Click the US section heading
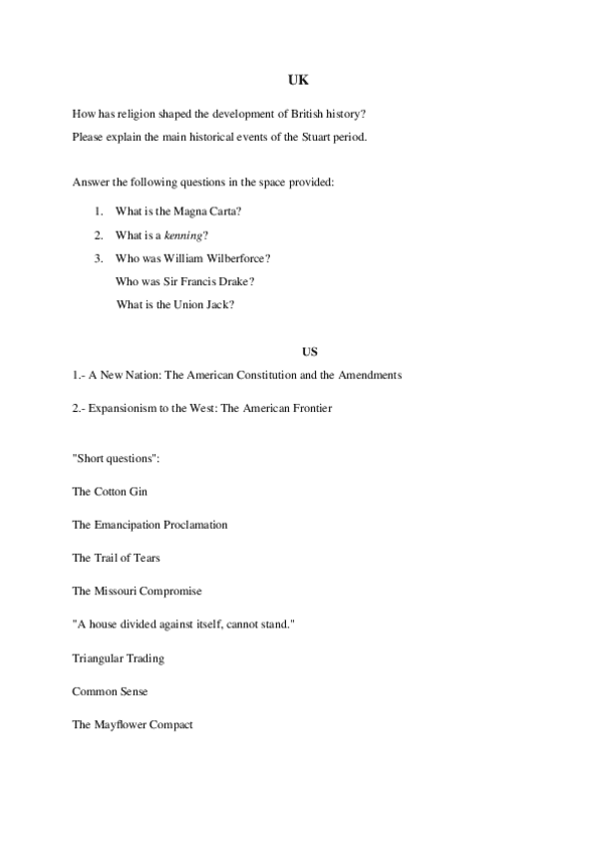click(x=308, y=350)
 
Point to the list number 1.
click(x=98, y=211)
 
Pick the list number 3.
click(x=98, y=258)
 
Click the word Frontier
click(x=309, y=408)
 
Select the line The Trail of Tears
click(x=116, y=558)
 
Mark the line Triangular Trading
click(x=118, y=658)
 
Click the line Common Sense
click(x=110, y=691)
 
